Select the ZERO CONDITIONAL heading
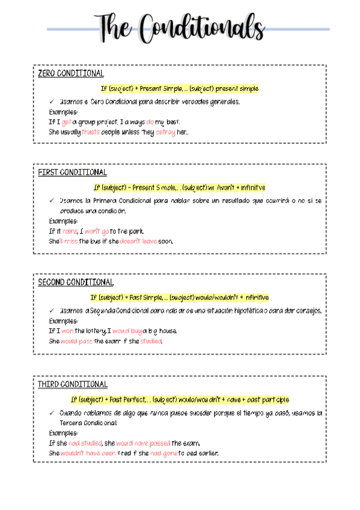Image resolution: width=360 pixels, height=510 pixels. click(x=71, y=73)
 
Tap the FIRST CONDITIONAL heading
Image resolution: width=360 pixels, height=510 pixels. click(x=72, y=173)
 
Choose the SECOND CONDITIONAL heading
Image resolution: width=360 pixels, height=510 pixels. click(x=76, y=282)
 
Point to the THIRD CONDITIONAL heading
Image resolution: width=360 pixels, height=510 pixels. click(x=73, y=384)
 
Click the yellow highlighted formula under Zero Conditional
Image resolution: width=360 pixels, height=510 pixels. click(x=180, y=88)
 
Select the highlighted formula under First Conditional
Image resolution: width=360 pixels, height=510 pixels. click(x=180, y=188)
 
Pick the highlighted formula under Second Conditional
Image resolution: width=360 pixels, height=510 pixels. click(x=180, y=297)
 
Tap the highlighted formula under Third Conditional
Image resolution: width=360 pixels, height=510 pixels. click(x=180, y=399)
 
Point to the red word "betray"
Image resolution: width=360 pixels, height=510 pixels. click(x=165, y=132)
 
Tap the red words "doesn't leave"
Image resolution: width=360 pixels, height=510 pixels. click(x=138, y=241)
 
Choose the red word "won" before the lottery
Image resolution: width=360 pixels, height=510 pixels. click(x=67, y=331)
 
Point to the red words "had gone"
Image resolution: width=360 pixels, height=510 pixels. click(x=163, y=453)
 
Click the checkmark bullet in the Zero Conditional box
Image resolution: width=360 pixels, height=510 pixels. click(x=52, y=102)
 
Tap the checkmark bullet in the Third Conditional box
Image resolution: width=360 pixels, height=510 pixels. click(x=52, y=413)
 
